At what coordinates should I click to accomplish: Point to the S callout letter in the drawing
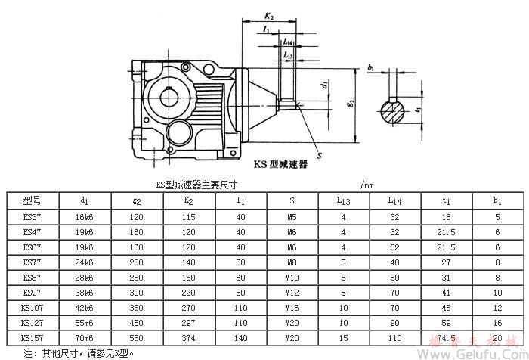coord(319,156)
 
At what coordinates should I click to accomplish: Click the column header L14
coord(394,200)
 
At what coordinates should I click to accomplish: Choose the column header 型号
coord(32,200)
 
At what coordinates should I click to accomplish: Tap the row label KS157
coord(32,337)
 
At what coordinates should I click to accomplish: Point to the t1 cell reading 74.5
coord(446,337)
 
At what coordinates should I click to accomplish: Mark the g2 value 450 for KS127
coord(136,322)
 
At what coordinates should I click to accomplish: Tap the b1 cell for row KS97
coord(497,292)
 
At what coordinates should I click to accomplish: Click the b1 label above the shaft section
coord(371,68)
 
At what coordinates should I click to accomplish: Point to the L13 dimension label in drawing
coord(287,55)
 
